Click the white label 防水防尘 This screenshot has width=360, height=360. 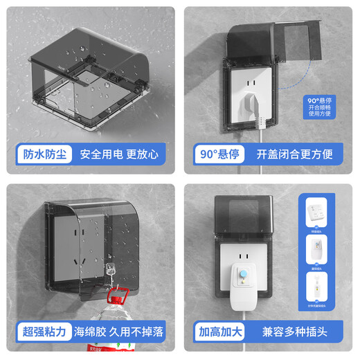point(40,154)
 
